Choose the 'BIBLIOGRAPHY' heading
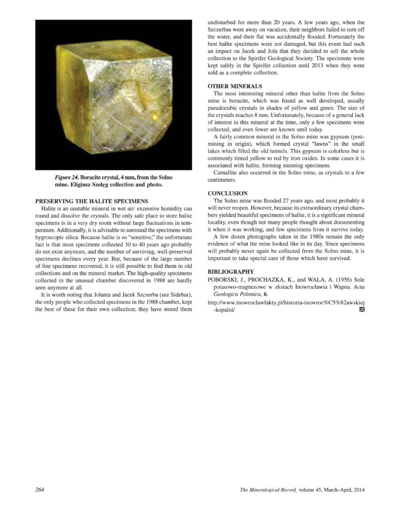[230, 271]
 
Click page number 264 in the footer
[40, 490]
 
